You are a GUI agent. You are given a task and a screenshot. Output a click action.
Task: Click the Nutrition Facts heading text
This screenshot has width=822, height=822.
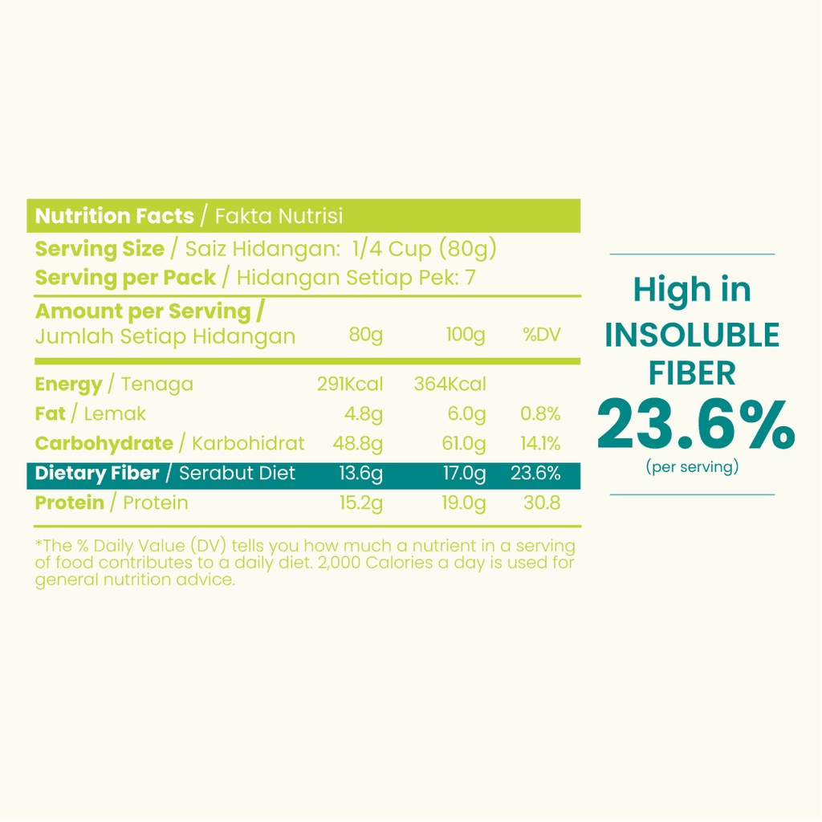coord(114,216)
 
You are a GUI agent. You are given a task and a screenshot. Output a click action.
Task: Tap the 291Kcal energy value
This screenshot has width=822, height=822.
coord(350,384)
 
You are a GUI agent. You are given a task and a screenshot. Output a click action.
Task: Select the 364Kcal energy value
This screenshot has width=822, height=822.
coord(450,384)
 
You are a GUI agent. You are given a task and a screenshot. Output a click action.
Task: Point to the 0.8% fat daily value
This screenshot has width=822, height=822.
coord(539,413)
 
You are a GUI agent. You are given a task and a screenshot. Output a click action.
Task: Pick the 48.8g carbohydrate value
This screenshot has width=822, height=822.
coord(357,443)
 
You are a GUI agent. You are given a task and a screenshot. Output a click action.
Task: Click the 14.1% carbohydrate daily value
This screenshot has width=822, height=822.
coord(539,443)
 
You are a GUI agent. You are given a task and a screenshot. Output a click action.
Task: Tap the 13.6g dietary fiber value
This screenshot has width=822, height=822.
coord(360,473)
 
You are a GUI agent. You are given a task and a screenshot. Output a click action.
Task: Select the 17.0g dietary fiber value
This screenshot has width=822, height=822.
coord(465,473)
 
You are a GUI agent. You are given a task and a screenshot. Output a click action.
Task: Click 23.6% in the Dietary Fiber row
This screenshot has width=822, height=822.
coord(535,473)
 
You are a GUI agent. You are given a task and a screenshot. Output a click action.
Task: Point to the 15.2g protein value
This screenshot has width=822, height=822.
coord(360,503)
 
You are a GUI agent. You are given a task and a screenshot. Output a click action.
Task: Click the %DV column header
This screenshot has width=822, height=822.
coord(542,335)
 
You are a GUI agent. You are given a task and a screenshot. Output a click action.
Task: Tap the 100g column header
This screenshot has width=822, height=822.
coord(466,335)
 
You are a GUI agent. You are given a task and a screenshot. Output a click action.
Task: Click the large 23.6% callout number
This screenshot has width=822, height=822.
coord(695,425)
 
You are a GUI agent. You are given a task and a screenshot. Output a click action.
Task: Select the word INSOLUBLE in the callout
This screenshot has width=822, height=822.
coord(692,336)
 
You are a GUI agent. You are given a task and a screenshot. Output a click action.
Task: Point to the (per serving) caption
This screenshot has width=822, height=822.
coord(692,466)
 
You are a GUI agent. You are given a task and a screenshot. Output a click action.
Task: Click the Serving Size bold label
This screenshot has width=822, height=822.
coord(100,249)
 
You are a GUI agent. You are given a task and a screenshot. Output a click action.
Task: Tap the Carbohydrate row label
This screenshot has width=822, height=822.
coord(104,443)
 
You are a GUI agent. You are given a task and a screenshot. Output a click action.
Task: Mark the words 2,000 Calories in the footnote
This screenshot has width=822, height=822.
coord(371,563)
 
